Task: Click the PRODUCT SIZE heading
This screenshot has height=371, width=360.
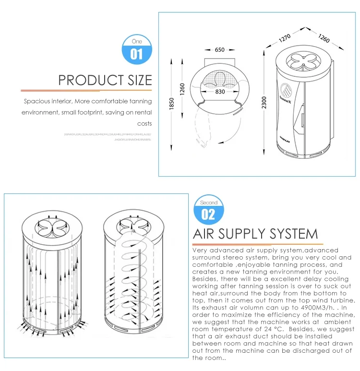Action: click(x=105, y=80)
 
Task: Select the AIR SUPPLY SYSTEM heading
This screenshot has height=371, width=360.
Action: click(x=255, y=234)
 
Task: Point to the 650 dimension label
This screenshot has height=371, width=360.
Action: click(x=220, y=50)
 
